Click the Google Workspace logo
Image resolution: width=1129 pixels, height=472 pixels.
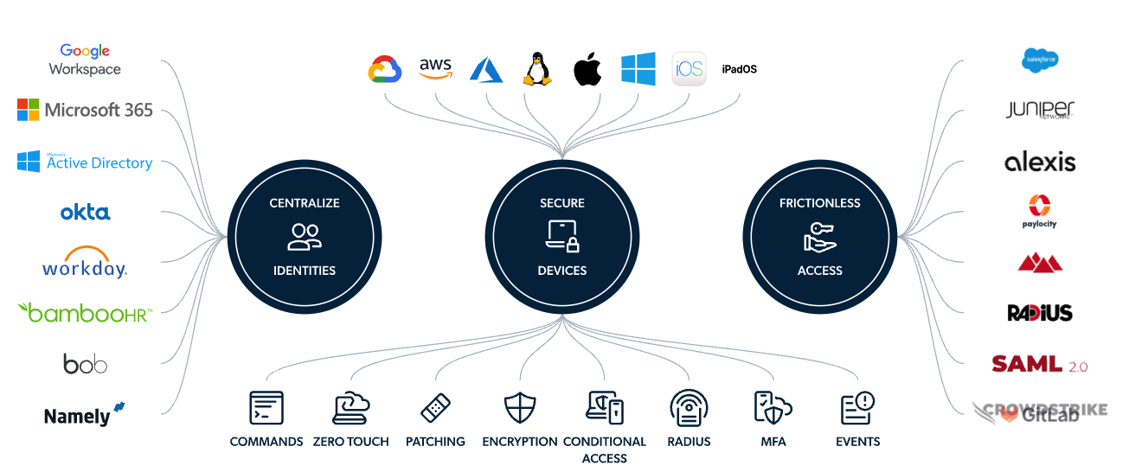(x=85, y=60)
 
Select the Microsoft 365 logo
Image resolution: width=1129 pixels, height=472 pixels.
(x=85, y=110)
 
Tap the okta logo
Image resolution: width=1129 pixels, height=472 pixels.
(x=85, y=212)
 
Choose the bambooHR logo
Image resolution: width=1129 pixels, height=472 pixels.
(x=85, y=312)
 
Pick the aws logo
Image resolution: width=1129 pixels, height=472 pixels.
(x=435, y=68)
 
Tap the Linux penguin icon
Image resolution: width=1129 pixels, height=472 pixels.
(x=536, y=68)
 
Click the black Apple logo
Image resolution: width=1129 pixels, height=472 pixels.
(x=587, y=69)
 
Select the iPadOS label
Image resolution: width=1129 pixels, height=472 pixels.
(x=739, y=69)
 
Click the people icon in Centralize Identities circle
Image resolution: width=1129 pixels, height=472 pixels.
(x=304, y=236)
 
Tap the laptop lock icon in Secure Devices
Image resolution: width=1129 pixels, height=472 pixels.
(x=561, y=236)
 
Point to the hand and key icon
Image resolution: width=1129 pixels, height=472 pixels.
(x=819, y=236)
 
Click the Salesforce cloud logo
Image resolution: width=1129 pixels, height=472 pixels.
(x=1040, y=60)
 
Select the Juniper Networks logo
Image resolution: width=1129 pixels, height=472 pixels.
(x=1040, y=110)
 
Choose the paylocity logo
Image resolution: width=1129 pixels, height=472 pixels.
(x=1040, y=211)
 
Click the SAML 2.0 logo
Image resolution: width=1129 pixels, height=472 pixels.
(x=1040, y=363)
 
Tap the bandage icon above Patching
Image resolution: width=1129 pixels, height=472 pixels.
(x=435, y=407)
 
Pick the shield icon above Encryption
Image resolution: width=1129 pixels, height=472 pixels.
(x=520, y=407)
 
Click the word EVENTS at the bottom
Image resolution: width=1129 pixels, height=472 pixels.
(x=857, y=442)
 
